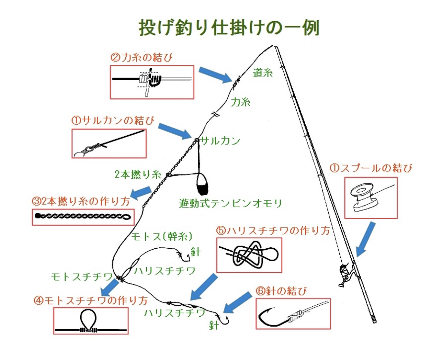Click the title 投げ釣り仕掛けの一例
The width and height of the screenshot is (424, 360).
click(229, 28)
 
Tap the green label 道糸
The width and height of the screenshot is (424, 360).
click(263, 72)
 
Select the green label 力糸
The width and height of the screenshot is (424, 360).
click(241, 102)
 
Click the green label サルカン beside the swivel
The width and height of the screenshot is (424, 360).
click(220, 141)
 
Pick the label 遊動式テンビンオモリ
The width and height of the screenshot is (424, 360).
click(230, 204)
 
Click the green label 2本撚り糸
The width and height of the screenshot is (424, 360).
click(138, 175)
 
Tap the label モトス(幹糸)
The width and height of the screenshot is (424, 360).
click(161, 237)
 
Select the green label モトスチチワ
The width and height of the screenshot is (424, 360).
click(82, 277)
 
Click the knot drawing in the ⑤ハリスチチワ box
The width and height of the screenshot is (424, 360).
click(249, 254)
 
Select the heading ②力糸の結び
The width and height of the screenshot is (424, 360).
click(141, 57)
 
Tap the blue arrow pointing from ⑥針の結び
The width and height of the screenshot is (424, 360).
click(237, 302)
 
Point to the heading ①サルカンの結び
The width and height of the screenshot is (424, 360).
click(113, 121)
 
